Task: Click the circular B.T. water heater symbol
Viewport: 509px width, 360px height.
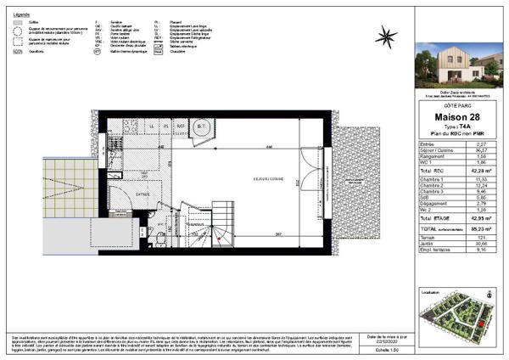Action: click(204, 129)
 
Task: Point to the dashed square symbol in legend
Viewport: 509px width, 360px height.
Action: click(17, 40)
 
